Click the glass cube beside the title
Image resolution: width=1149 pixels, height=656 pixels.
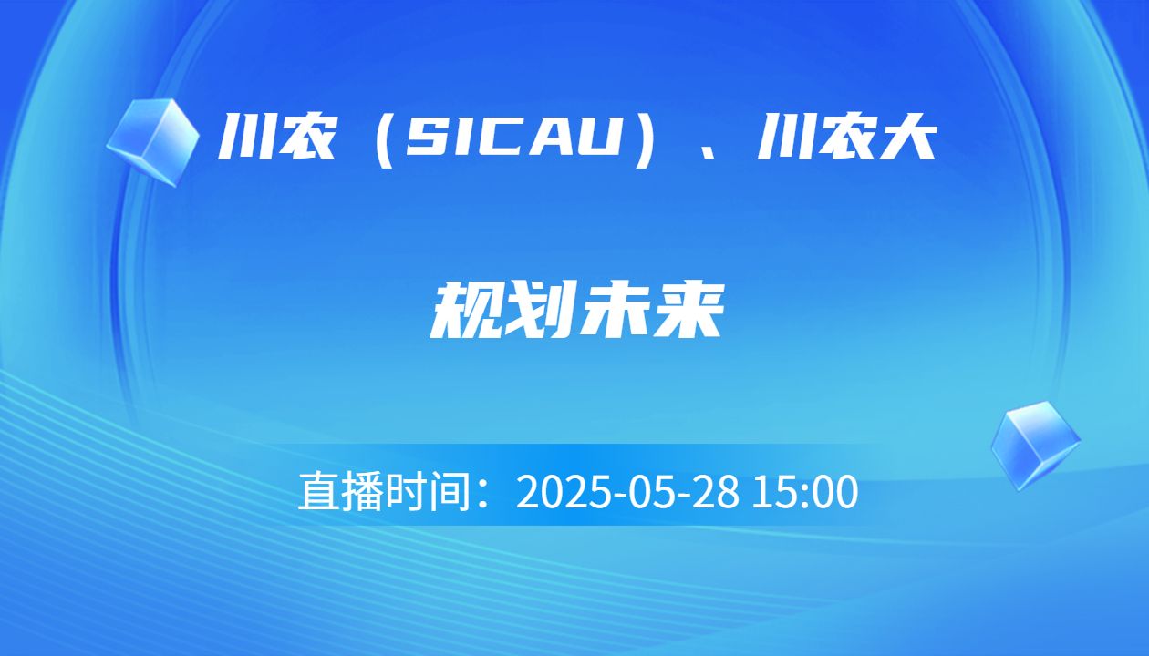152,142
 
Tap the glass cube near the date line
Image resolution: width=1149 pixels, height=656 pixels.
1035,445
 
